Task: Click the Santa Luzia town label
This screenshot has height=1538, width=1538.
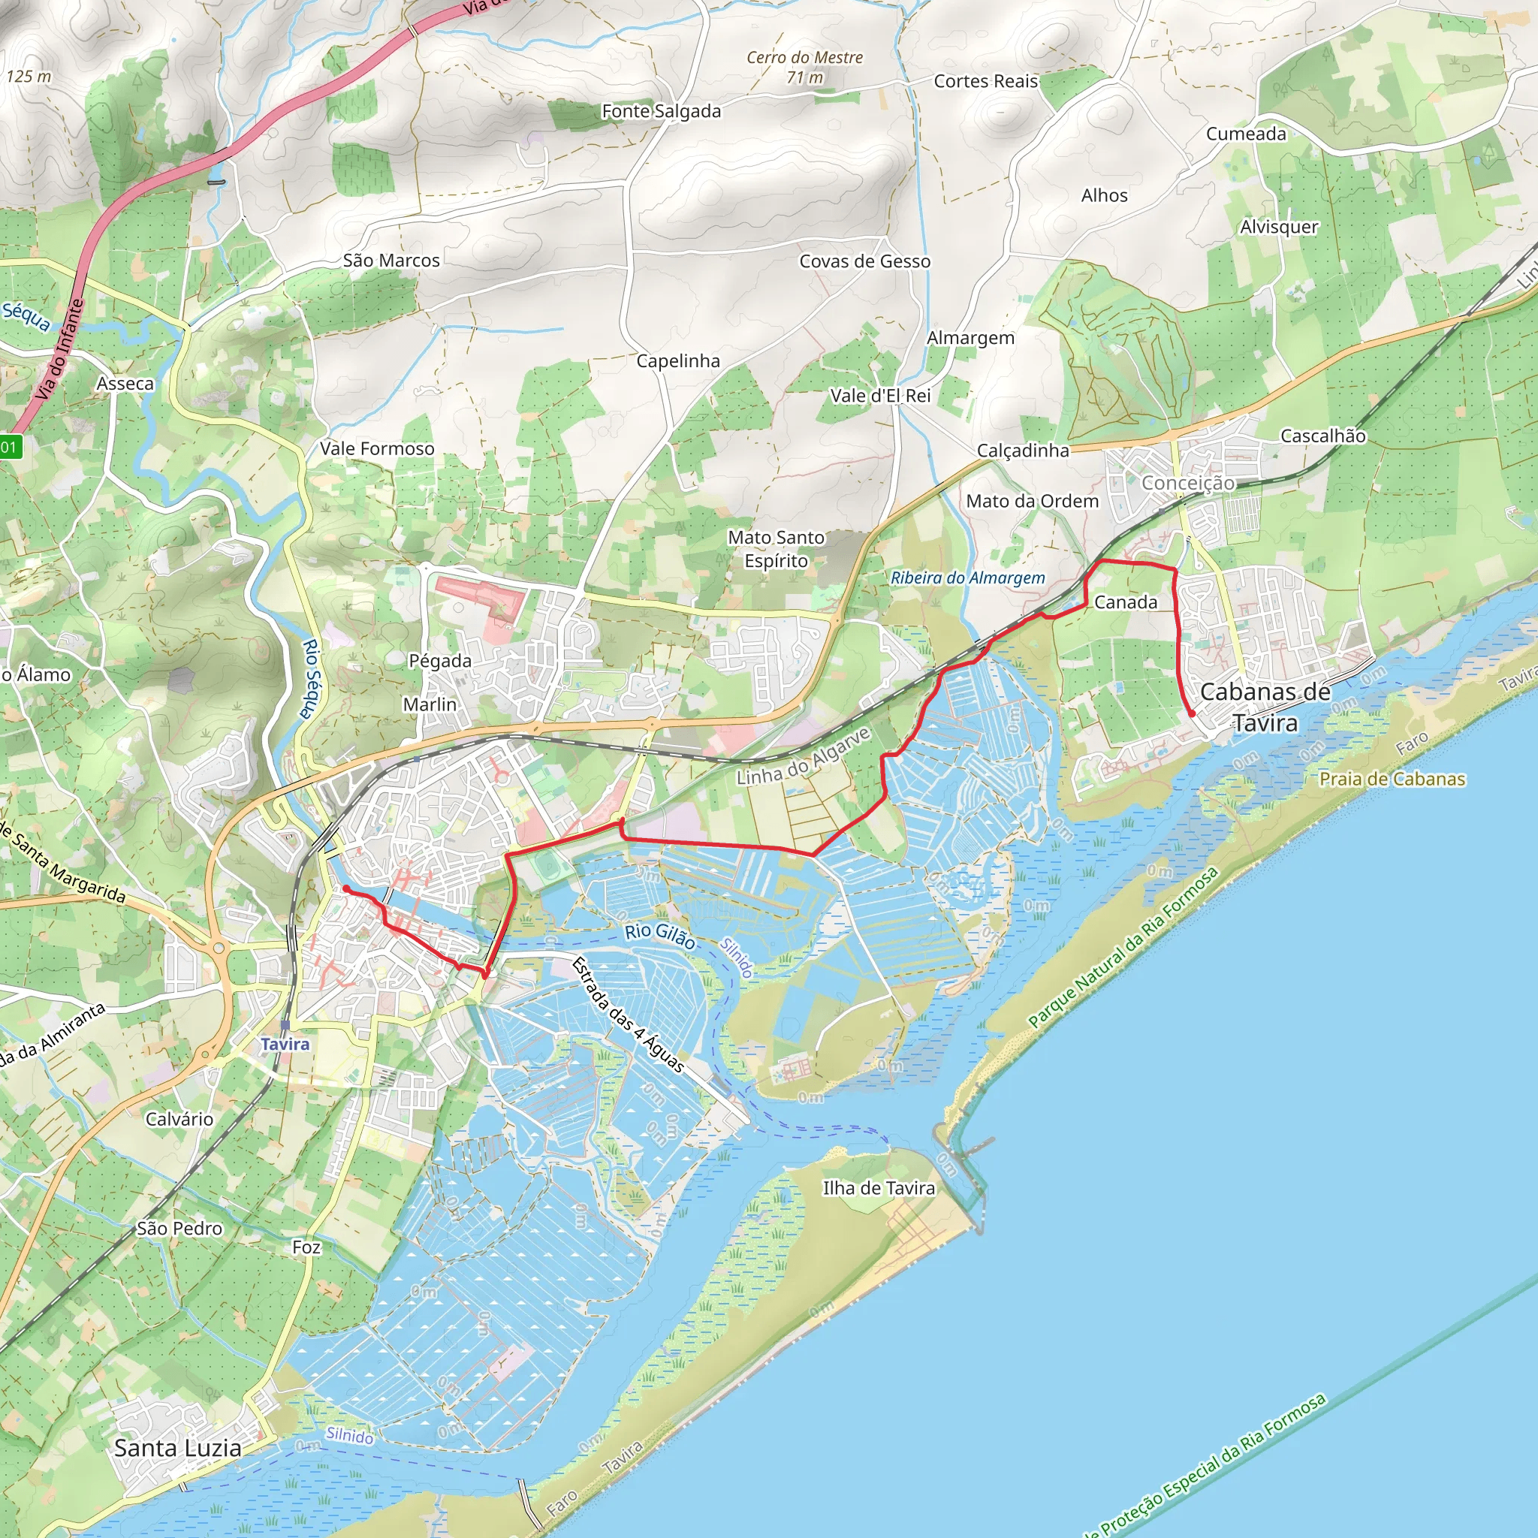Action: (177, 1447)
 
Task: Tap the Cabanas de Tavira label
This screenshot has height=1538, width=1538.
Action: (1265, 707)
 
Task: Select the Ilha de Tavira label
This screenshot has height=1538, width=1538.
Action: (878, 1188)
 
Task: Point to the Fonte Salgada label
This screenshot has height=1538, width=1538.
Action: (661, 111)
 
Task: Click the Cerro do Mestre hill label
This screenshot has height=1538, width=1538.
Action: (804, 67)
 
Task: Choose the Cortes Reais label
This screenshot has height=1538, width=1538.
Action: (985, 81)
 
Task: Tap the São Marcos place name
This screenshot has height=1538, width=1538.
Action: (391, 261)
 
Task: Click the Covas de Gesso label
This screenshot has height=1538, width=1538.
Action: (864, 261)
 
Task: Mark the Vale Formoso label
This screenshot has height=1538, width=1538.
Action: (376, 448)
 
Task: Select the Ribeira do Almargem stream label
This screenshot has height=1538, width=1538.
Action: (967, 578)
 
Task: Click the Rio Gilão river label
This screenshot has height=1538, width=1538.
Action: (660, 936)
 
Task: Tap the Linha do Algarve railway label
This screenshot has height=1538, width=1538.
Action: (804, 756)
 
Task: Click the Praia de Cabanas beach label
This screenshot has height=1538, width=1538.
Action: (1392, 779)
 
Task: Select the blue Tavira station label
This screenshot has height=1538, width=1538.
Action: (284, 1044)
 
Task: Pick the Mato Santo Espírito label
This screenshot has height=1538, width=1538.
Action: (777, 549)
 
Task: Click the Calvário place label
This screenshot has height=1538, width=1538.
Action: (179, 1119)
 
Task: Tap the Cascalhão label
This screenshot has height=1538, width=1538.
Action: (1322, 436)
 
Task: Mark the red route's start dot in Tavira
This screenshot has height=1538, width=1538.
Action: (345, 888)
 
